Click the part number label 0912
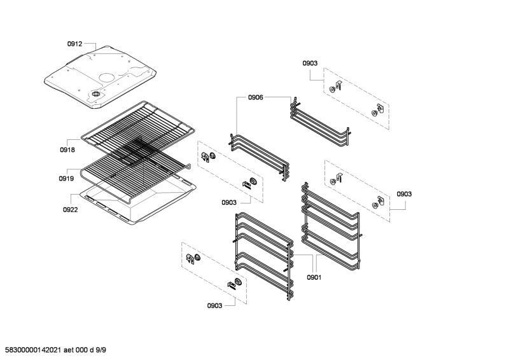74,44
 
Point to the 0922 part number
70,209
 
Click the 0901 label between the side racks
314,277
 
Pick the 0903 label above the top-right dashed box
310,63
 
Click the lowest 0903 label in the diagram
214,306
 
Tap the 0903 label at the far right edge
404,193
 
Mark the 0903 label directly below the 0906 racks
229,202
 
